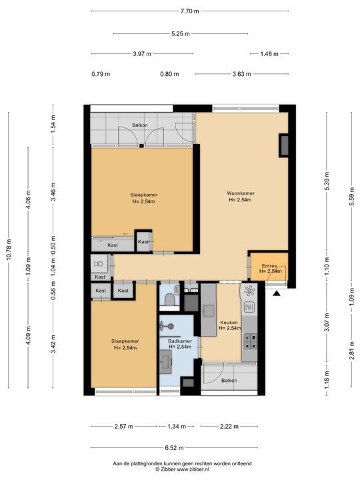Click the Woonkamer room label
pos(241,193)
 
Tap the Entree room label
pos(269,266)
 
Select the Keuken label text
pos(229,323)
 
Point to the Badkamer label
pos(180,341)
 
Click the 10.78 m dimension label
pos(9,250)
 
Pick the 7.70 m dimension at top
pos(189,11)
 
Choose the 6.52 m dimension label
pos(174,448)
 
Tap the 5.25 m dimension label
pos(180,34)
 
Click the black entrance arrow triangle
pos(277,294)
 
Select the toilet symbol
pos(169,299)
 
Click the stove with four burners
pos(249,341)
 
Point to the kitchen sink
pos(209,311)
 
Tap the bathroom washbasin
pos(165,362)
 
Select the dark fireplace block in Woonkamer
pos(283,146)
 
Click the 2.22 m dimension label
pos(229,426)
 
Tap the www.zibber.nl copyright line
pos(183,469)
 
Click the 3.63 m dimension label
pos(241,74)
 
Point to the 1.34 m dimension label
pos(177,426)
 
